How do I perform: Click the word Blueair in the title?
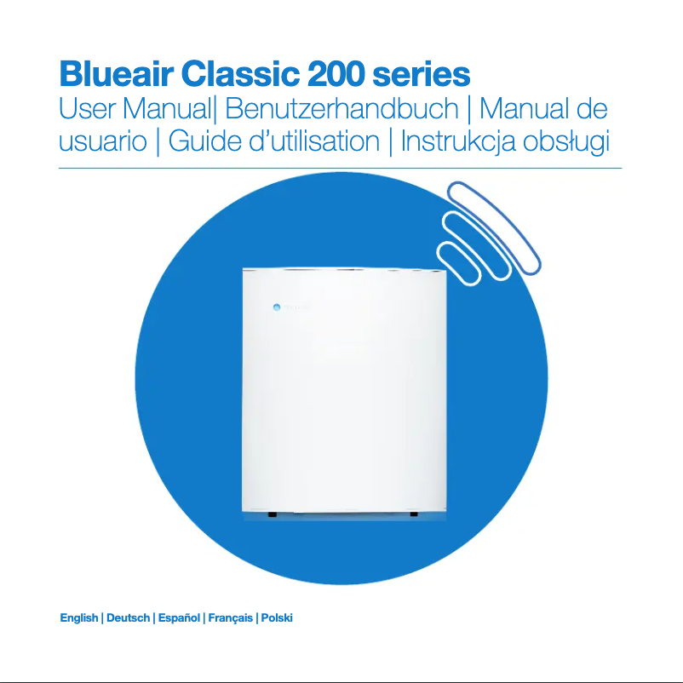[112, 75]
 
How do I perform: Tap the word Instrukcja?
[465, 141]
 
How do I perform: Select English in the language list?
[78, 617]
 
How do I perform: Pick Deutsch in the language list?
[128, 617]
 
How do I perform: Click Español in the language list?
[179, 617]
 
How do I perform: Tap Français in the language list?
[231, 617]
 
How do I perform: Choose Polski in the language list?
[277, 617]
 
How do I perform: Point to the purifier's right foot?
[413, 514]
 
